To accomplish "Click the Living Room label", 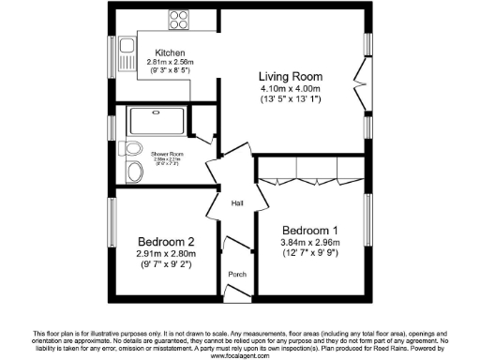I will pos(291,77).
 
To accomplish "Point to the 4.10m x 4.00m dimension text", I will pos(291,89).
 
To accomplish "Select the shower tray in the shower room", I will pos(156,121).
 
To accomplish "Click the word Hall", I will pos(237,202).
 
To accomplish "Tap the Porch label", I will pos(237,275).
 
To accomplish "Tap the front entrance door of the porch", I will pos(238,295).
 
